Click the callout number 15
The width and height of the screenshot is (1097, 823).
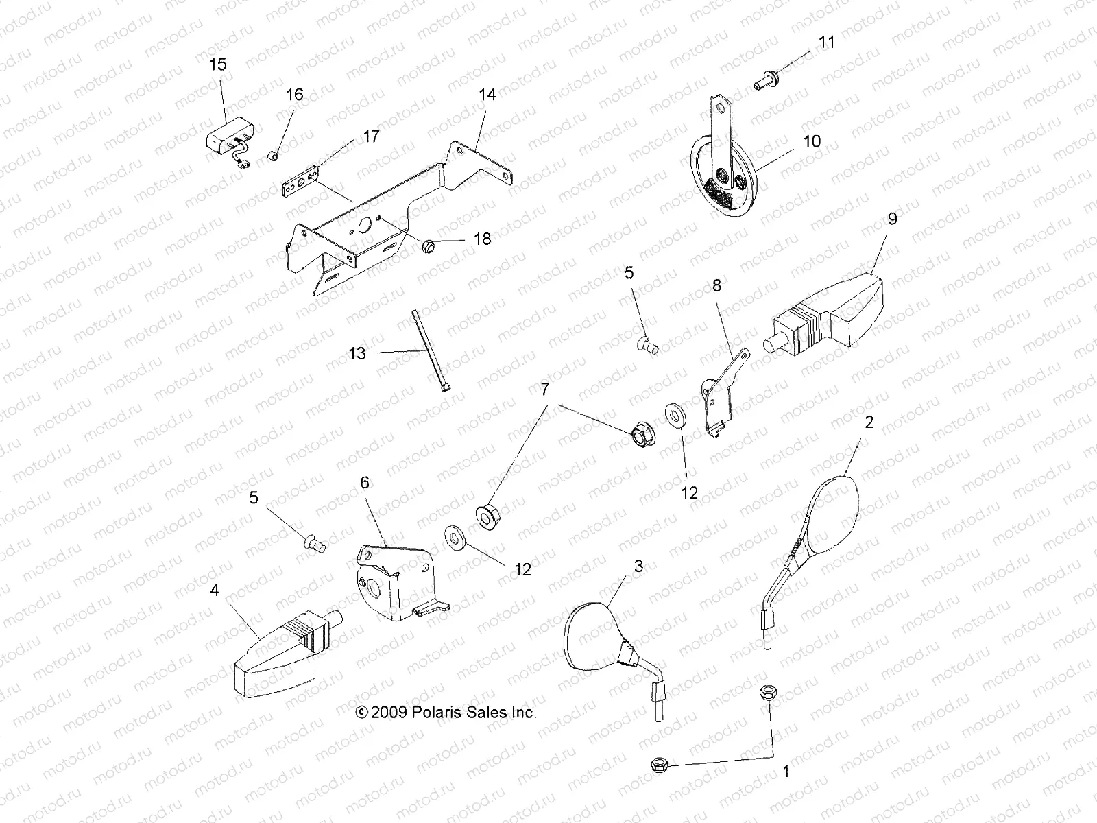[217, 64]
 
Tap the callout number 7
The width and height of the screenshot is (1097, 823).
[544, 390]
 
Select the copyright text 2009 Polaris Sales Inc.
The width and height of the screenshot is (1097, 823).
[446, 712]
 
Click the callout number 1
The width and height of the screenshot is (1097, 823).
[786, 771]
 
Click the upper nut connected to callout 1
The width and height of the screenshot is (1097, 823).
[767, 693]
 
